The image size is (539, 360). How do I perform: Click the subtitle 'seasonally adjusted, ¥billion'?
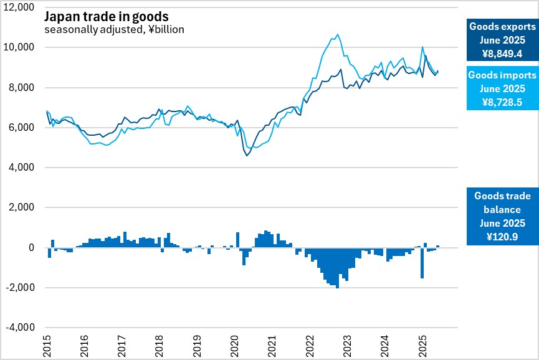pos(114,29)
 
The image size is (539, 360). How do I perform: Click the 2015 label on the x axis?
pos(47,346)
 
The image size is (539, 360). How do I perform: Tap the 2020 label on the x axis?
pos(235,346)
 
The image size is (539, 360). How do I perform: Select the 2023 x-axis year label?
pos(347,346)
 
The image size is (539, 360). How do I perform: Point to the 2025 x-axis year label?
pos(422,346)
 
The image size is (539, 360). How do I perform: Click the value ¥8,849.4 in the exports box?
pos(502,54)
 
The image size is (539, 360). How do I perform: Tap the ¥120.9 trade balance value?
pos(502,236)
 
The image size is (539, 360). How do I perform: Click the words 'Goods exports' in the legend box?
pos(502,27)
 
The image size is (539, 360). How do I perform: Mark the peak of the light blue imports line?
pos(338,35)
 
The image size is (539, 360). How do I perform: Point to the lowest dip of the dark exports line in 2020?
pos(247,155)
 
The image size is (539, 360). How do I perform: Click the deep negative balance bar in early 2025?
pos(422,262)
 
